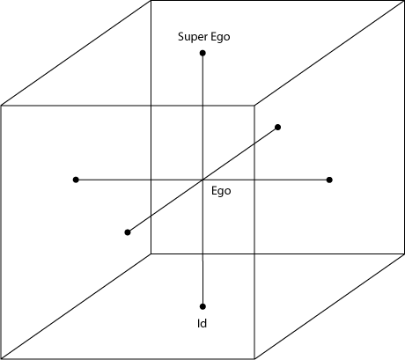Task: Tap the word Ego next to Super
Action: (220, 38)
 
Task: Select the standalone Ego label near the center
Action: (221, 191)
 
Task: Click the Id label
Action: (202, 323)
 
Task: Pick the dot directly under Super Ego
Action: (202, 53)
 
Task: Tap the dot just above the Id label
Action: (202, 306)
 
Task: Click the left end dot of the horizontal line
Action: (76, 180)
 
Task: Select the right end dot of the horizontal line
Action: (329, 180)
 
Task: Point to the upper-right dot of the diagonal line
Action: (277, 127)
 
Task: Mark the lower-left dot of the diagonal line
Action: (128, 232)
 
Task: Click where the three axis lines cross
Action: (202, 180)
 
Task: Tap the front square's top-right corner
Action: (254, 106)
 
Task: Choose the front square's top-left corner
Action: (1, 106)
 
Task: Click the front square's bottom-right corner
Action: (254, 358)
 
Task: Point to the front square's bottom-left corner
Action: (1, 358)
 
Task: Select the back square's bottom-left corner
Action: (151, 253)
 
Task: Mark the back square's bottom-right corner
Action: (404, 253)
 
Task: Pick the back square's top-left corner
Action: (151, 1)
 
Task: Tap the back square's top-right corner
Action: (404, 1)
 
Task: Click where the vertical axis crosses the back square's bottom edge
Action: (202, 253)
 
